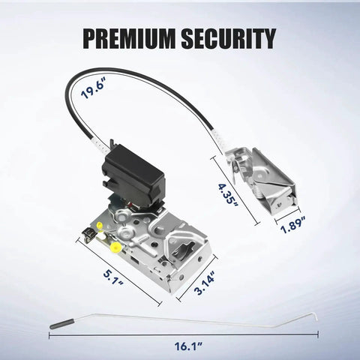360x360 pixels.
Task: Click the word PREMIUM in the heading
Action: coord(128,39)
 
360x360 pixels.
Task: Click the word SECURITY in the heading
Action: coord(229,39)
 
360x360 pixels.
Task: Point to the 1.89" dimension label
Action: coord(293,225)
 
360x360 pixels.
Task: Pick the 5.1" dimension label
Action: coord(113,277)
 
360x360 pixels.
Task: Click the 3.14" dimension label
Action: coord(205,282)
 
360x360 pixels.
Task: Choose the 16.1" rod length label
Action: coord(188,346)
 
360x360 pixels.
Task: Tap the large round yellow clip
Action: coord(115,247)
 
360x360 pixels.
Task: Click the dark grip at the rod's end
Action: coord(62,324)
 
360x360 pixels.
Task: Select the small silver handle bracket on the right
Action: coord(262,181)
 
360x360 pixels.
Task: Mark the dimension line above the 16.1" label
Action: coord(184,334)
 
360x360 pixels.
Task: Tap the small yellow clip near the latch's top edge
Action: coord(100,225)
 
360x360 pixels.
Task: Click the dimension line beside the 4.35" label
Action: coord(235,190)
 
